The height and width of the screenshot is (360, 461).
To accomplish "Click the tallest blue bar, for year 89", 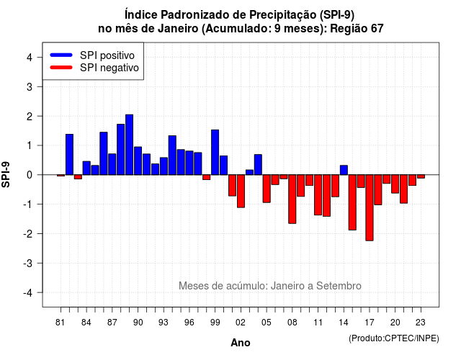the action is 130,145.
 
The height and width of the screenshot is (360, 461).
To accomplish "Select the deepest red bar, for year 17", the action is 370,208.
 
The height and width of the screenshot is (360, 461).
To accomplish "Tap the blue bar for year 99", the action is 215,152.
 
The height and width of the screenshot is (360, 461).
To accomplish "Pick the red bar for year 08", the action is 292,199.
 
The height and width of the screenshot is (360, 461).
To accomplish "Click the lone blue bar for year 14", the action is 344,170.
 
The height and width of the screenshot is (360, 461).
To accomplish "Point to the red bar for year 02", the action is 241,191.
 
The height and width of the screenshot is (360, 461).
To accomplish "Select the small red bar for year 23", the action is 421,176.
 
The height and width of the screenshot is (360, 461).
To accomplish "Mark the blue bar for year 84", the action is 86,168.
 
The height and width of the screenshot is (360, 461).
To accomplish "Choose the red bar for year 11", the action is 318,195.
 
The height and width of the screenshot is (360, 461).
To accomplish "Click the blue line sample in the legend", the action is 61,55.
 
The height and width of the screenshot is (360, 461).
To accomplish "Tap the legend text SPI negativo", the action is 109,68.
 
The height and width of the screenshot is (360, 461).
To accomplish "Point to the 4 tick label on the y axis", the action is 30,58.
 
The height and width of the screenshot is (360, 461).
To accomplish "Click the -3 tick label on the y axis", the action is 27,263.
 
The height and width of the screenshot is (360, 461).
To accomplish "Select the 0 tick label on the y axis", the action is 30,175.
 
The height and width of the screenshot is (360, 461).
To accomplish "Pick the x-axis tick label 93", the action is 164,323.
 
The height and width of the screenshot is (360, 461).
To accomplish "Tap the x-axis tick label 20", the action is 395,323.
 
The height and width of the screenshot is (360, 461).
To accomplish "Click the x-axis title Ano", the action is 241,343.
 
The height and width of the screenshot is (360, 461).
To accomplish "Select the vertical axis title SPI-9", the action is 6,174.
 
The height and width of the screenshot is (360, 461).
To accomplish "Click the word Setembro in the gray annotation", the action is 339,286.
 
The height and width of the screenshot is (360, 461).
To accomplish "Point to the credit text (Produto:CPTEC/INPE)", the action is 394,338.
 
